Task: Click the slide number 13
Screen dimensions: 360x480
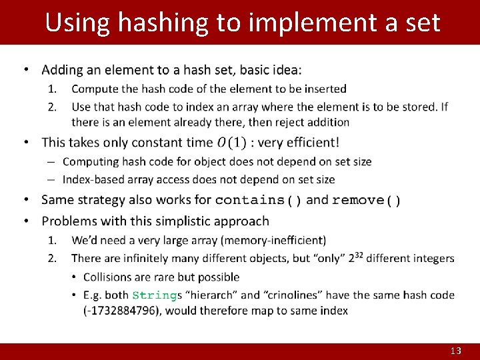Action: (x=456, y=351)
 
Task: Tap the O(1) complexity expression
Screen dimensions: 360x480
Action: (x=231, y=142)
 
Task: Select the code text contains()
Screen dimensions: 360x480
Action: (x=259, y=200)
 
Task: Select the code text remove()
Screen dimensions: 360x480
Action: (x=366, y=200)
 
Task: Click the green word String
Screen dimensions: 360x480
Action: (x=155, y=295)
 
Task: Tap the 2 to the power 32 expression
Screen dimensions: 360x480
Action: (x=356, y=258)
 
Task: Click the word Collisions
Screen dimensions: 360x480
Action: (x=111, y=277)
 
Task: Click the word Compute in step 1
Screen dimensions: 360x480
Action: (x=93, y=89)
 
